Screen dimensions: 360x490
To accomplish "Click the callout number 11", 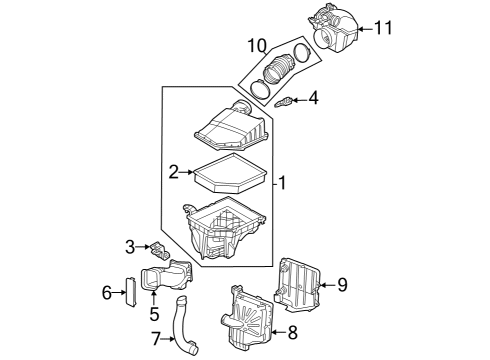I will coord(383,28).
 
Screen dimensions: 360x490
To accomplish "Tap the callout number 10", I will coord(258,45).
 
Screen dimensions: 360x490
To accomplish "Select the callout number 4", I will coord(313,98).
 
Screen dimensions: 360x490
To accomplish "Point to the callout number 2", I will coord(174,173).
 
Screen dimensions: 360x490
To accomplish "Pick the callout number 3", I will coord(130,246).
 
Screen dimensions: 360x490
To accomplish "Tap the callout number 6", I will coord(106,292).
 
